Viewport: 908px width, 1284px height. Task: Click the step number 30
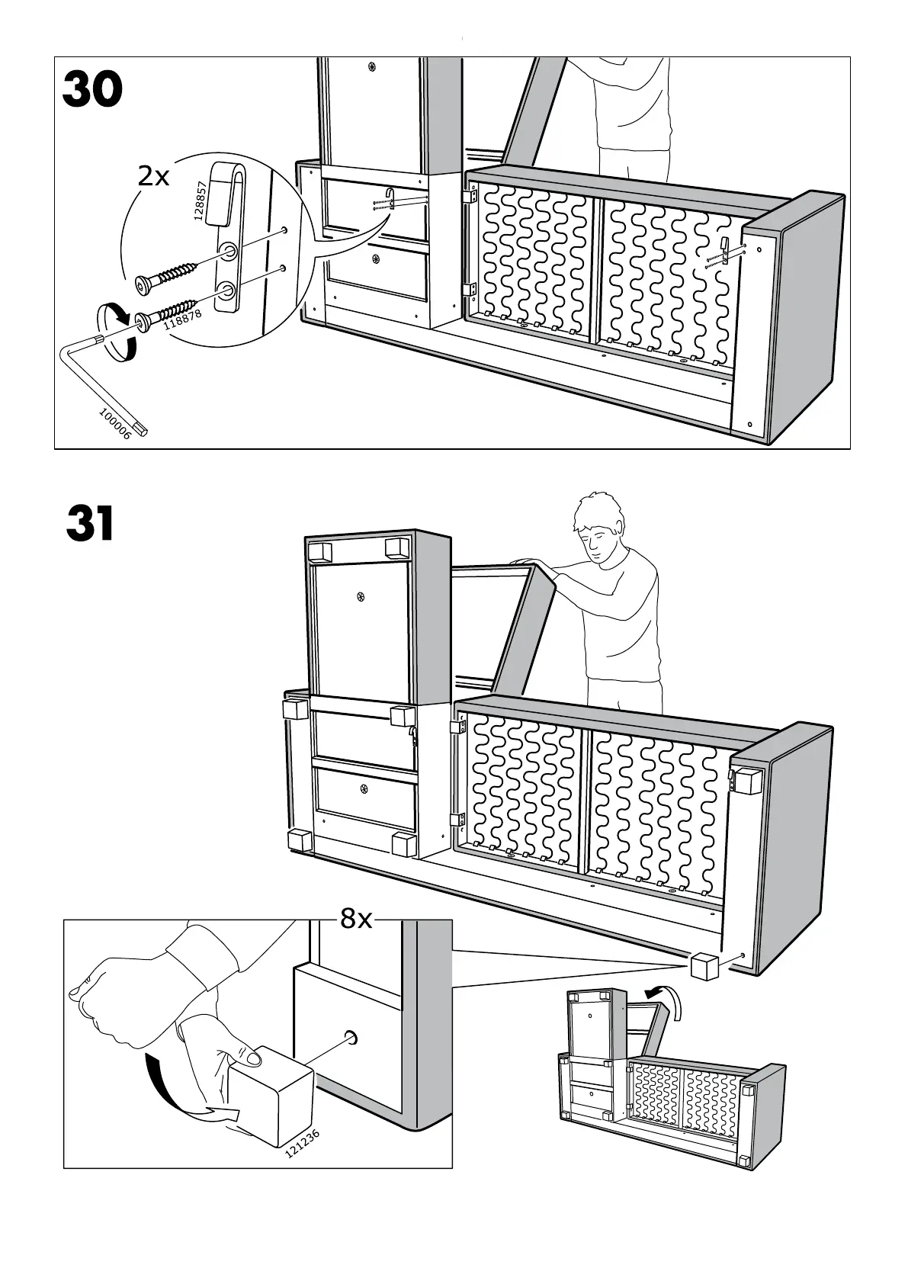click(92, 90)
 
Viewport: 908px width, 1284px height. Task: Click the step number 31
click(90, 525)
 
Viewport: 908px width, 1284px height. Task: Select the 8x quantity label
click(356, 920)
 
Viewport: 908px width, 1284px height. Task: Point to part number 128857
click(200, 201)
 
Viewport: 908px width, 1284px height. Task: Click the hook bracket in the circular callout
click(228, 236)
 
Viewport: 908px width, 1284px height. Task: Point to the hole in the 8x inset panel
click(353, 1037)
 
